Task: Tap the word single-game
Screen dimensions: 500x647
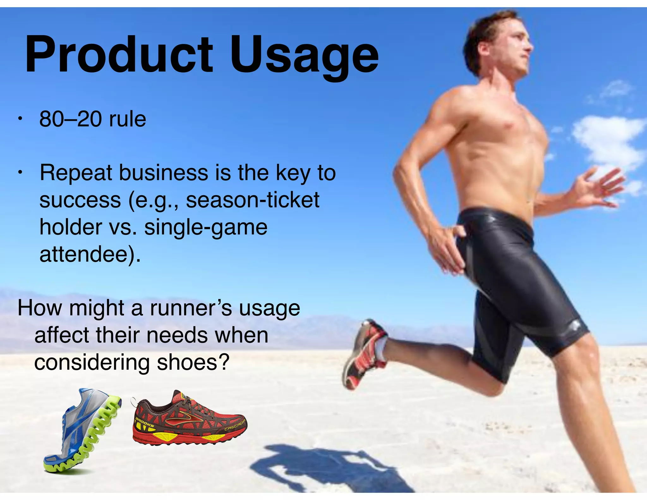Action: click(x=206, y=228)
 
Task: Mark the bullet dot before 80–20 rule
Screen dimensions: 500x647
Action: click(x=20, y=119)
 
